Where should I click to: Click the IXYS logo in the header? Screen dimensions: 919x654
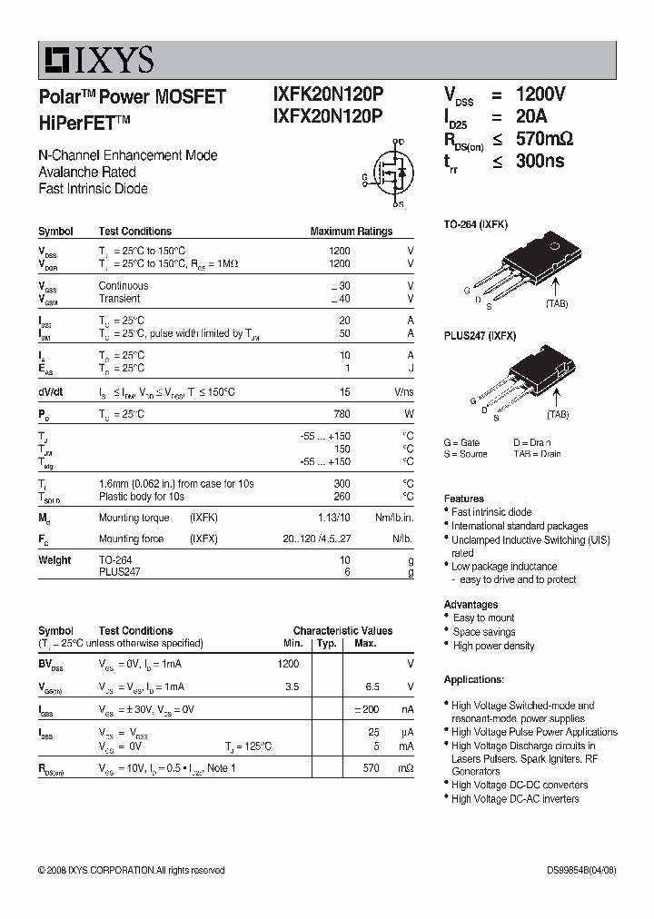97,60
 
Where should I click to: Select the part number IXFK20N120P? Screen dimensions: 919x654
328,94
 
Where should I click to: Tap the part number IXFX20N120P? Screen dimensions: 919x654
328,115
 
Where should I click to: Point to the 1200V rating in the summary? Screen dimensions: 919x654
540,94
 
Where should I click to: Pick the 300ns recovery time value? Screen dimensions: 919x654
540,161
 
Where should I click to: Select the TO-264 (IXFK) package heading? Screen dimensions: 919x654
475,223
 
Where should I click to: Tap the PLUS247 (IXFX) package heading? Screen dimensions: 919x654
480,336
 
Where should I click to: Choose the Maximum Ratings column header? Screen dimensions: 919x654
352,232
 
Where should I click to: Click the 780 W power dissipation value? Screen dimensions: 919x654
343,414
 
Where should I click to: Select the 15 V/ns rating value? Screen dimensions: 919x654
345,392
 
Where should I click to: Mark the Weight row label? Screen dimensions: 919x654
54,560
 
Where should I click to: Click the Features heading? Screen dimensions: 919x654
463,499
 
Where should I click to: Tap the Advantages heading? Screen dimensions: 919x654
471,604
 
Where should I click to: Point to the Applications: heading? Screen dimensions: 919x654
473,679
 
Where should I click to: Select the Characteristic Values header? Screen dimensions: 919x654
342,630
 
